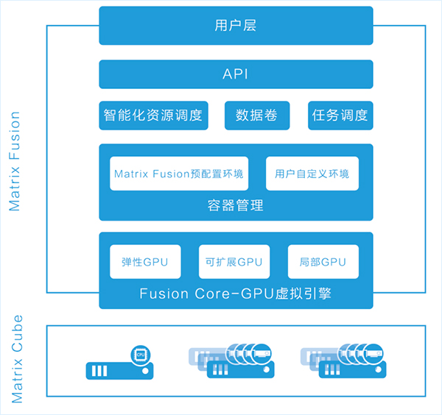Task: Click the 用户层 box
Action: tap(236, 25)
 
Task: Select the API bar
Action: tap(236, 74)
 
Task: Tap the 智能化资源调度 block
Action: tap(152, 116)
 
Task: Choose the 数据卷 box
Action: tap(256, 116)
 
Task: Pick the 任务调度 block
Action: tap(340, 116)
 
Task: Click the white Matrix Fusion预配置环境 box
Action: tap(179, 174)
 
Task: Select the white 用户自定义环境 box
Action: tap(312, 174)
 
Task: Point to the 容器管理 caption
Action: tap(236, 205)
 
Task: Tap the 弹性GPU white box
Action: tap(146, 262)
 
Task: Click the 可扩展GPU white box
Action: tap(235, 262)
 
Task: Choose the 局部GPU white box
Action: tap(323, 262)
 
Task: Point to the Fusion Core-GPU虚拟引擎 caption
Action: tap(236, 294)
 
